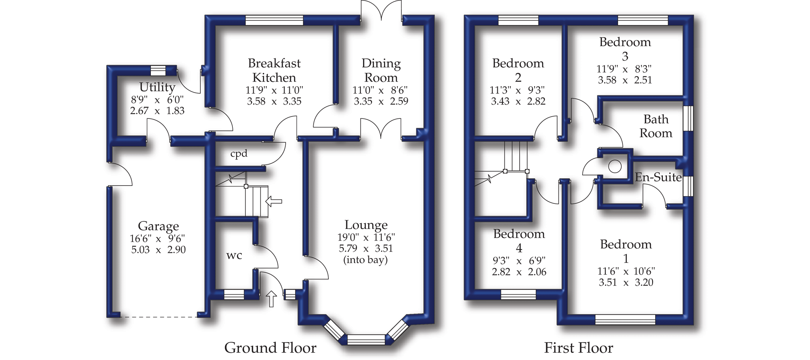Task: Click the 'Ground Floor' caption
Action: [x=270, y=348]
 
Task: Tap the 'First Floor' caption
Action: [x=578, y=348]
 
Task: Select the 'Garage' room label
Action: [x=158, y=226]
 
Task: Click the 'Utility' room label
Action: [x=157, y=87]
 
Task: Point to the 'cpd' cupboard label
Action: [x=239, y=154]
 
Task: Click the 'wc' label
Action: [x=234, y=255]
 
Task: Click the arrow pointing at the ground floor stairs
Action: [x=274, y=201]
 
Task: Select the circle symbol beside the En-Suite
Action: [x=615, y=166]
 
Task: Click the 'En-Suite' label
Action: [x=658, y=177]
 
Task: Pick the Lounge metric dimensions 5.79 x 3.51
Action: [x=366, y=249]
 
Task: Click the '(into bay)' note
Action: [x=365, y=260]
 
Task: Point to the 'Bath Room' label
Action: [x=656, y=126]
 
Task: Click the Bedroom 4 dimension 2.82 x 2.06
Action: [x=519, y=272]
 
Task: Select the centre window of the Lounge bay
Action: [x=366, y=339]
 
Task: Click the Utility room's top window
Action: [x=158, y=70]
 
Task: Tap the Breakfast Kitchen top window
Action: [x=274, y=20]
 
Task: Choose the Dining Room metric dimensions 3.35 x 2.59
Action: [x=381, y=101]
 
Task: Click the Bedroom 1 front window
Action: [x=625, y=319]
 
